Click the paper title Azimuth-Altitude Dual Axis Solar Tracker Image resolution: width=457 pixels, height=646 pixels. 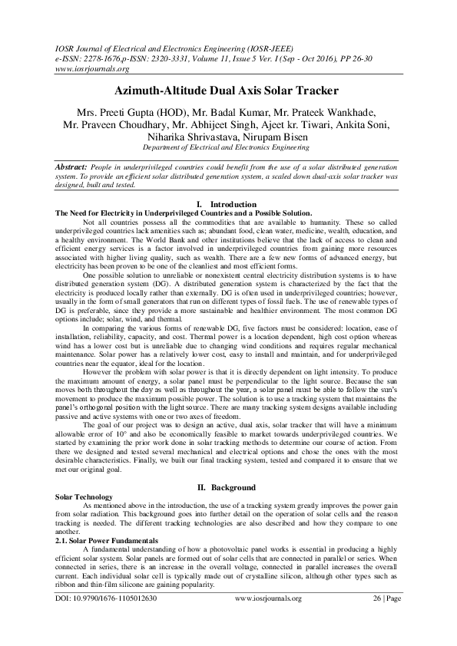(228, 91)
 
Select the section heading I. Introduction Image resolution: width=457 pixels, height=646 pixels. (227, 204)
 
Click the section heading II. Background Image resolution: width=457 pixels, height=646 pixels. (227, 487)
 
